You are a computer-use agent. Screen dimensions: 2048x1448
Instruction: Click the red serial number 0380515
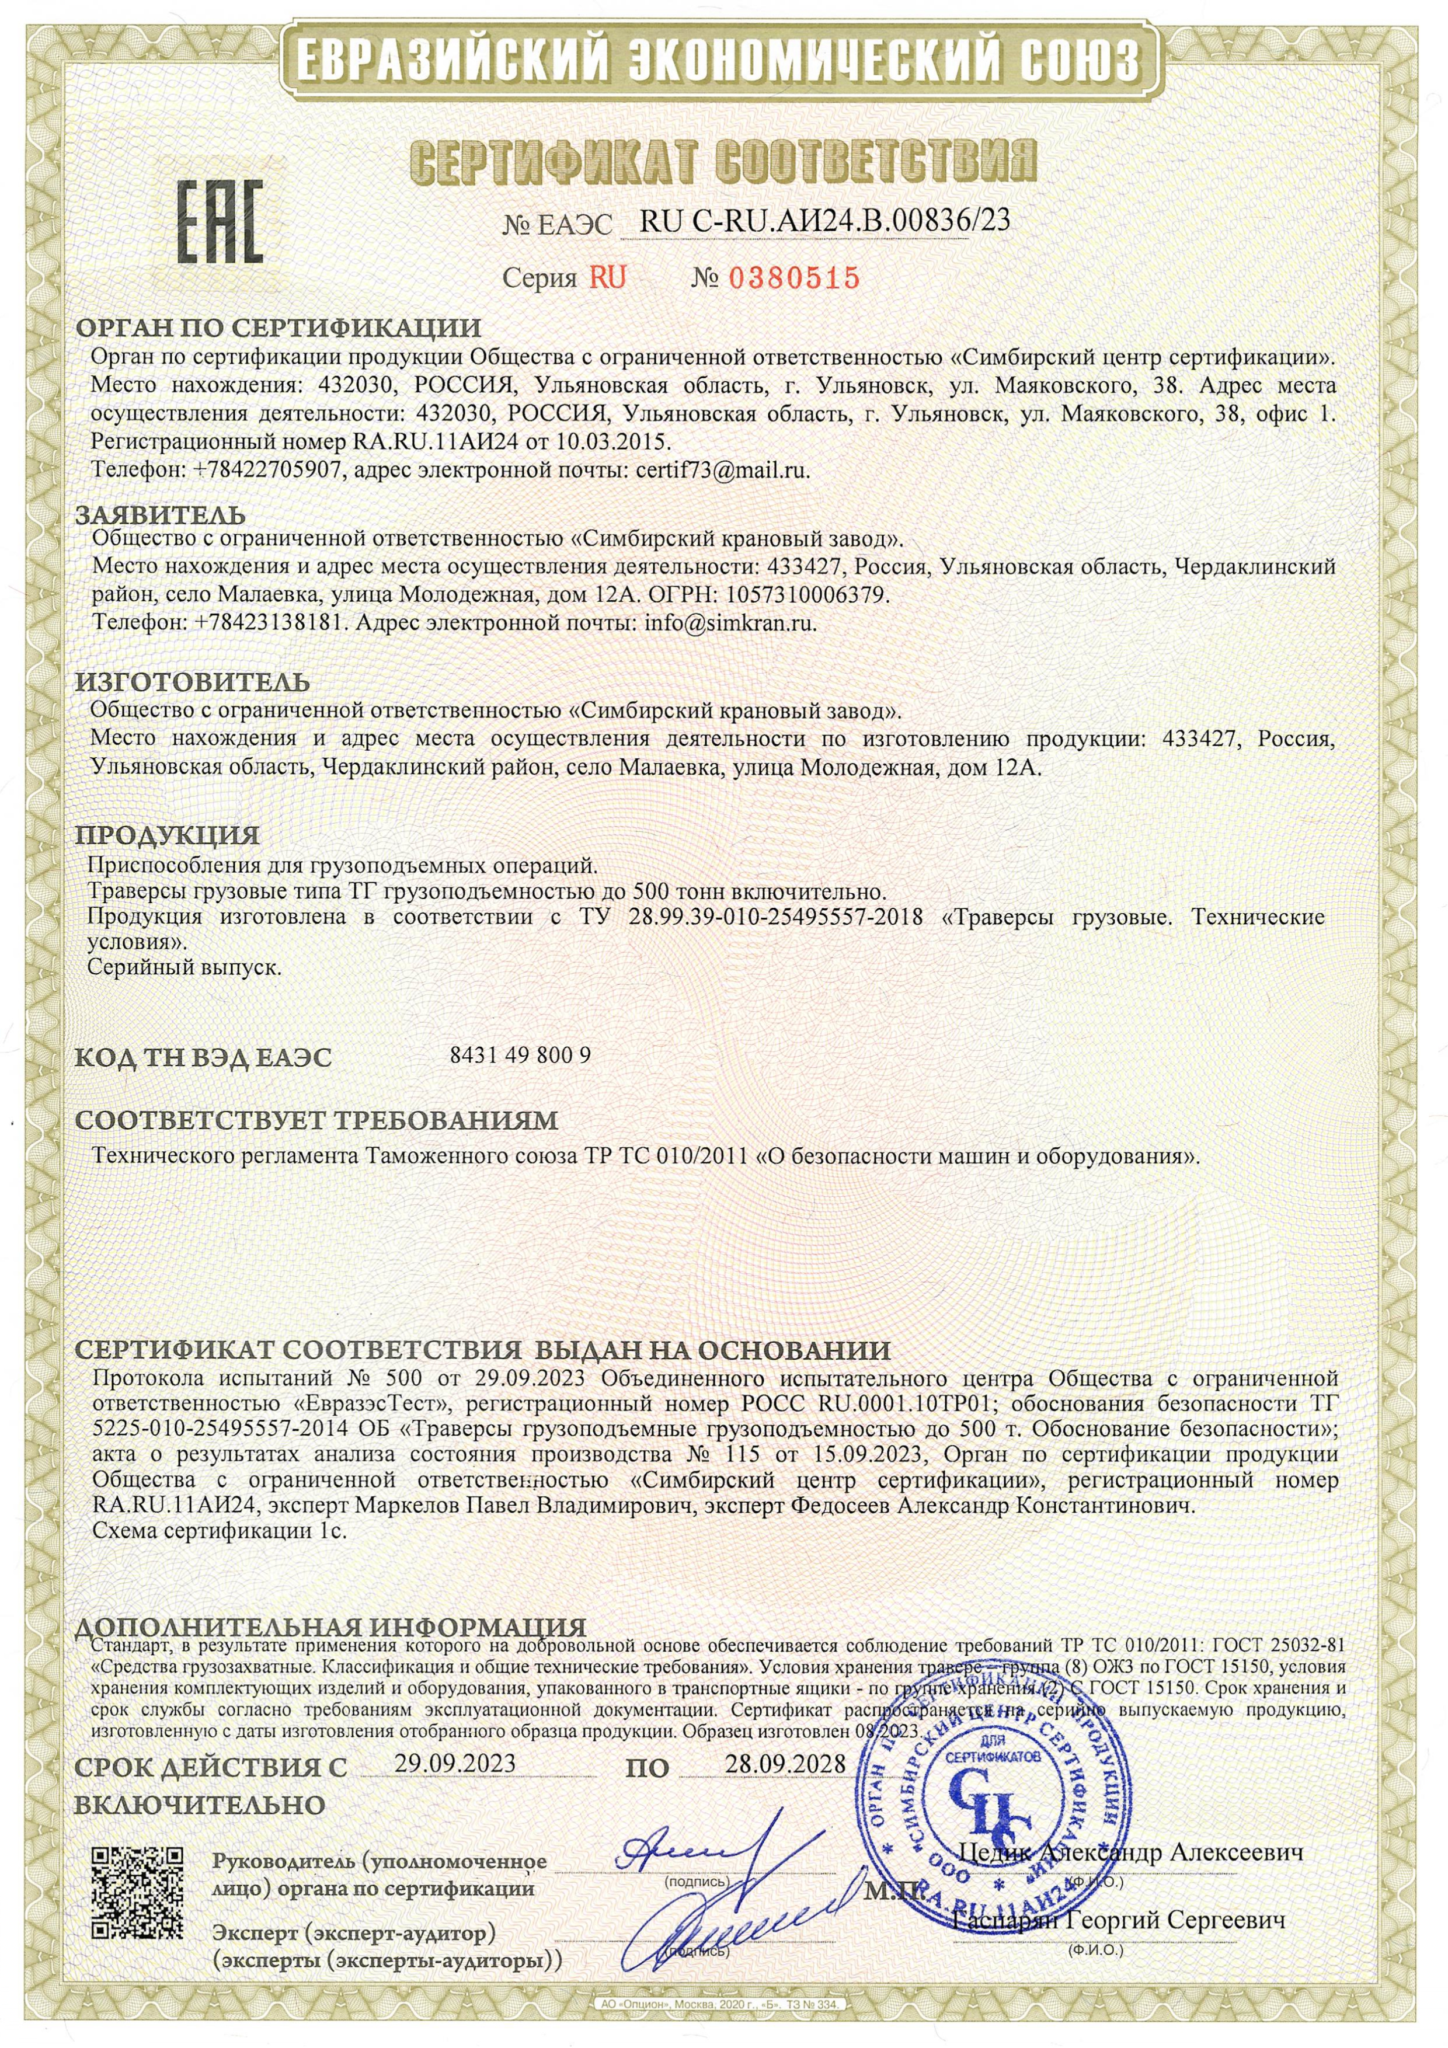click(794, 278)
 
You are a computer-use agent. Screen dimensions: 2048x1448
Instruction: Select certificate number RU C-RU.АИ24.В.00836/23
click(825, 220)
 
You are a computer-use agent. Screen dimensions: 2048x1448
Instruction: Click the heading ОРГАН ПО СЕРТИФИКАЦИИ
click(277, 328)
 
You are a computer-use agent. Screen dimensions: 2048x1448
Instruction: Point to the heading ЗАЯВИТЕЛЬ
click(160, 516)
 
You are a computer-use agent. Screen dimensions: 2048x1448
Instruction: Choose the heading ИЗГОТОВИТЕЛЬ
click(193, 682)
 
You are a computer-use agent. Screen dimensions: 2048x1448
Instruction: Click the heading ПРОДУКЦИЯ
click(168, 836)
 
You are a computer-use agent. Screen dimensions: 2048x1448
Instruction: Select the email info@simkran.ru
click(730, 624)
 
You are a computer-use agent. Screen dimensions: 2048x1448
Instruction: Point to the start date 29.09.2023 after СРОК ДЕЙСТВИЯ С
click(455, 1764)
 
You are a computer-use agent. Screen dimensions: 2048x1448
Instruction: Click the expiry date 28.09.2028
click(784, 1764)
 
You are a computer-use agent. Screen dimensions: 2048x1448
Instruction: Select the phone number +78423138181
click(269, 624)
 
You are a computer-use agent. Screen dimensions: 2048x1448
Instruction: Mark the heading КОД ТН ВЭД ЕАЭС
click(203, 1057)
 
